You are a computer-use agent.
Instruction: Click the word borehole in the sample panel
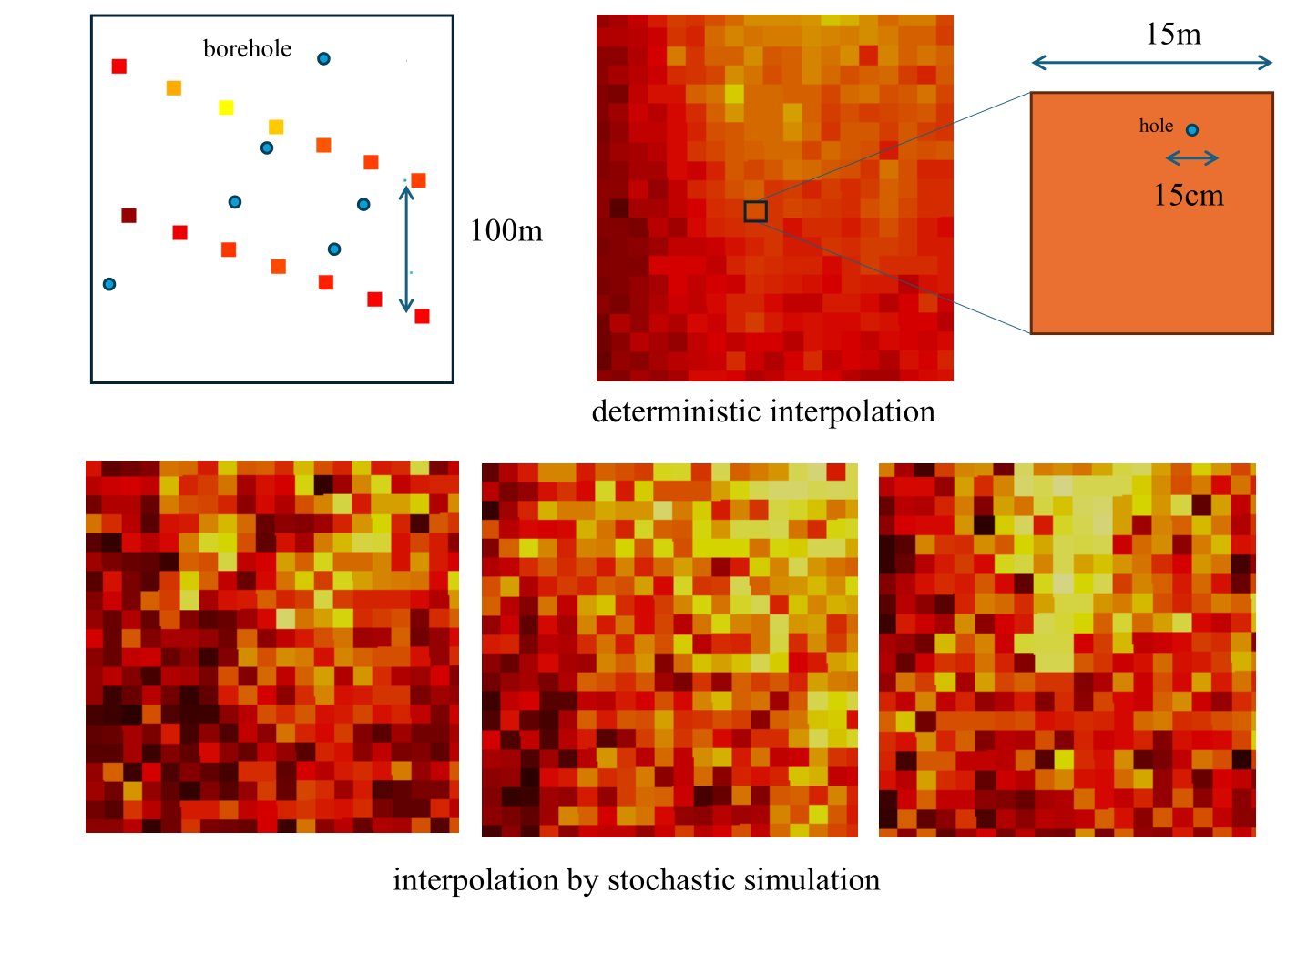pyautogui.click(x=247, y=49)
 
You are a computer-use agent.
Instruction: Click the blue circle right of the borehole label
pyautogui.click(x=323, y=59)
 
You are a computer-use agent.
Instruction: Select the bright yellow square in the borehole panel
pyautogui.click(x=226, y=107)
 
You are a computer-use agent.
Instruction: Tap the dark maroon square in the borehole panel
pyautogui.click(x=128, y=216)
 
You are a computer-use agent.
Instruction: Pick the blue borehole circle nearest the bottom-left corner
pyautogui.click(x=109, y=284)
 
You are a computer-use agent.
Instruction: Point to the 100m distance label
pyautogui.click(x=506, y=231)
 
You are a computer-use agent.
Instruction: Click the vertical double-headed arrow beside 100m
pyautogui.click(x=407, y=246)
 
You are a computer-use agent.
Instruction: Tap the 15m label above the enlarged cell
pyautogui.click(x=1173, y=35)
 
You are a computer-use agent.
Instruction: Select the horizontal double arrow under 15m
pyautogui.click(x=1151, y=63)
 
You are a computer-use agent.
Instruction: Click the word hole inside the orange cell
pyautogui.click(x=1156, y=127)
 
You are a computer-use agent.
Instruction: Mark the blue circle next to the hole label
pyautogui.click(x=1191, y=130)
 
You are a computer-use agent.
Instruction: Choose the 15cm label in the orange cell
pyautogui.click(x=1189, y=196)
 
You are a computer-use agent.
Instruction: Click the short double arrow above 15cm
pyautogui.click(x=1192, y=158)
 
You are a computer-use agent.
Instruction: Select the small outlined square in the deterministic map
pyautogui.click(x=755, y=211)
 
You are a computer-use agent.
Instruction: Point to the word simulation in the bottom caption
pyautogui.click(x=812, y=880)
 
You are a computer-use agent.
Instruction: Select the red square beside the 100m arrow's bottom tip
pyautogui.click(x=422, y=316)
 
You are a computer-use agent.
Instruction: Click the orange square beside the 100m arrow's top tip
pyautogui.click(x=418, y=180)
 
